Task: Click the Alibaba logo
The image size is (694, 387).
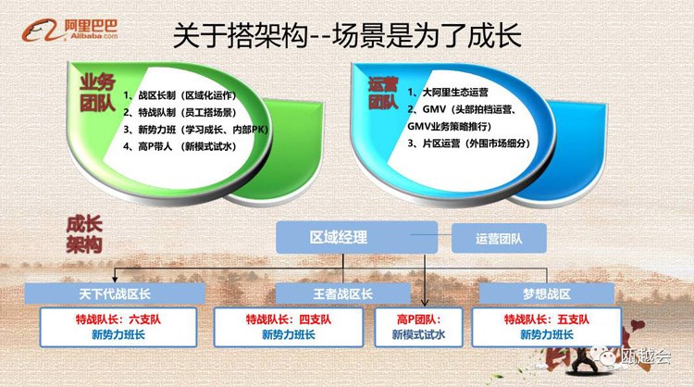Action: (70, 31)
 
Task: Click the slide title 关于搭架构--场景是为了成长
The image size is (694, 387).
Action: (347, 35)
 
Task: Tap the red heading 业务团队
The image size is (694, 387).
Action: (97, 93)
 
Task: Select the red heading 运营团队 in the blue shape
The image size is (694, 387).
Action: (383, 94)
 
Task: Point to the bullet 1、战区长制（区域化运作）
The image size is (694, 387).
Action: (180, 95)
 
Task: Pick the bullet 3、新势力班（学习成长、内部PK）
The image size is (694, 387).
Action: (195, 130)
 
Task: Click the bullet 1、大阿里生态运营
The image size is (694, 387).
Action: (448, 92)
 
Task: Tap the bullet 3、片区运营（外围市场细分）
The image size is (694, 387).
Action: (469, 144)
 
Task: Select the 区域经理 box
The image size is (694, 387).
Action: (357, 238)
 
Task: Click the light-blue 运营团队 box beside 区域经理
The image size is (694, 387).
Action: (499, 239)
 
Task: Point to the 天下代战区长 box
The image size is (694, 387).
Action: (115, 293)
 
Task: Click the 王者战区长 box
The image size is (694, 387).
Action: (343, 293)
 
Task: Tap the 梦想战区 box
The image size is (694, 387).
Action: (547, 293)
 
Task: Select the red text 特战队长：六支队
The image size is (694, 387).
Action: (118, 319)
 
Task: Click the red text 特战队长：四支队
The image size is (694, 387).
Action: (289, 319)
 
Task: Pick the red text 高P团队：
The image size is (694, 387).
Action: (418, 319)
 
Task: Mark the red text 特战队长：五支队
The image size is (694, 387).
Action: (547, 319)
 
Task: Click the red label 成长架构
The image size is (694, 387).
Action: (84, 234)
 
